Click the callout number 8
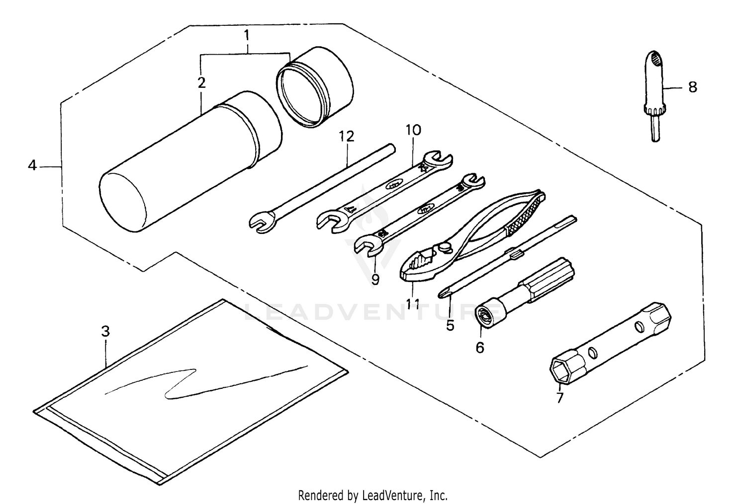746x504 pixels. tap(692, 87)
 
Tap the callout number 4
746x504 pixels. tap(32, 165)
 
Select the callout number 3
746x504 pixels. tap(105, 331)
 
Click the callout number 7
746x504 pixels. tap(560, 397)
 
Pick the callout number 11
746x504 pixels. tap(413, 303)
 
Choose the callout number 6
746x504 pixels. tap(479, 348)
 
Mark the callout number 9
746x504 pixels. tap(375, 280)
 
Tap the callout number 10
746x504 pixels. tap(413, 130)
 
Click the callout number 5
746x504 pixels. tap(450, 326)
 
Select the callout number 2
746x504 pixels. tap(201, 82)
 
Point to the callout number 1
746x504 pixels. tap(247, 35)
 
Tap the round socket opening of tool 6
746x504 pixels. tap(484, 314)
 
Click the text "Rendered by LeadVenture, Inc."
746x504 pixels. tap(373, 495)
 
